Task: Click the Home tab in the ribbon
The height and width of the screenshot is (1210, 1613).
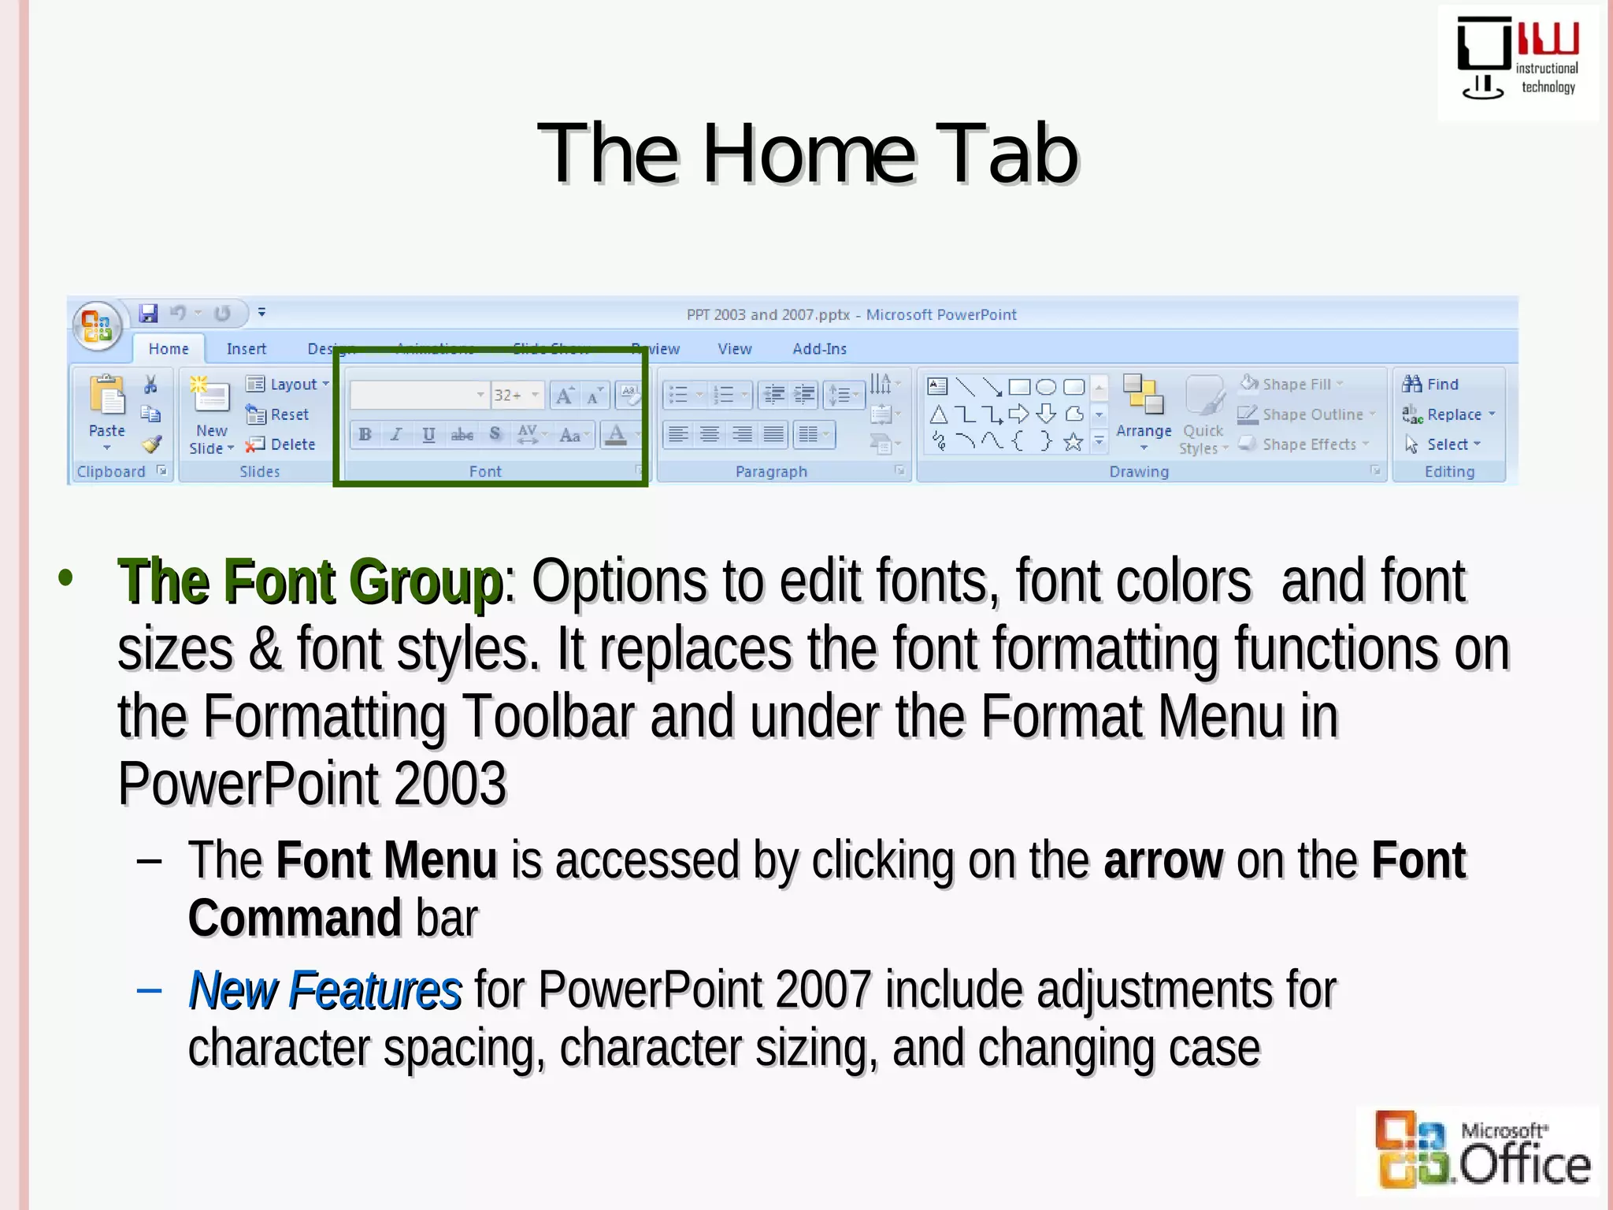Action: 168,349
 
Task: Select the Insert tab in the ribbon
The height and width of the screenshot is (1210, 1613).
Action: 246,349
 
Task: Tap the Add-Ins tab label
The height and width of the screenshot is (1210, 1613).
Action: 819,349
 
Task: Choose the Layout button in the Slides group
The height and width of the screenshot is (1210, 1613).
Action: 287,384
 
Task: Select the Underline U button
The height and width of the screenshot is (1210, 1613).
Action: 428,435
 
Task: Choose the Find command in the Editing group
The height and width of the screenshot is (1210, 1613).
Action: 1431,384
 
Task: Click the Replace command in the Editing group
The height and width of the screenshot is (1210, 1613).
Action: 1448,414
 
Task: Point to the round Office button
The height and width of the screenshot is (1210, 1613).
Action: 97,325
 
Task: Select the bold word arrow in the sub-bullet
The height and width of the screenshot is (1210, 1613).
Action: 1163,860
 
